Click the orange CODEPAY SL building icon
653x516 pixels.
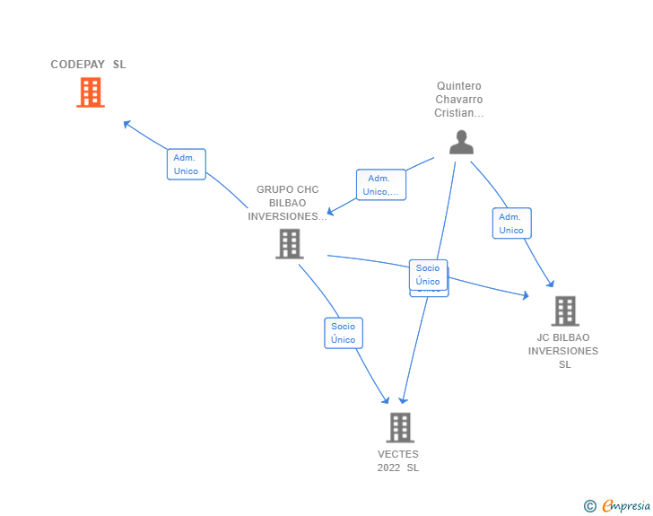pyautogui.click(x=91, y=92)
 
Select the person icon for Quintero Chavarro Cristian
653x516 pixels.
pyautogui.click(x=461, y=143)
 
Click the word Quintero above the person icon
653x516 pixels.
pyautogui.click(x=459, y=86)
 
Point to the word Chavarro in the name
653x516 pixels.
pyautogui.click(x=459, y=100)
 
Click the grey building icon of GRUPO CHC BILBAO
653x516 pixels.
pyautogui.click(x=289, y=243)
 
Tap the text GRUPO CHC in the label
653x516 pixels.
pyautogui.click(x=287, y=189)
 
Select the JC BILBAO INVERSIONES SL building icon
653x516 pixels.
pyautogui.click(x=565, y=310)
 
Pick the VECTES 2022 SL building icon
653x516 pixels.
pyautogui.click(x=400, y=427)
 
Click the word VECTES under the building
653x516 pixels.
pyautogui.click(x=398, y=454)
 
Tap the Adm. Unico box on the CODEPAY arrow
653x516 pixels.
pyautogui.click(x=187, y=164)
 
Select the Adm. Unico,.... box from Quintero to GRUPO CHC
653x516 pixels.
pyautogui.click(x=380, y=185)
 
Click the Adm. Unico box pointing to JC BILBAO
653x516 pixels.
pyautogui.click(x=511, y=223)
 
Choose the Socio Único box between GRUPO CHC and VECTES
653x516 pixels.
pyautogui.click(x=343, y=333)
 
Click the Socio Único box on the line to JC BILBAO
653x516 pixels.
pyautogui.click(x=428, y=275)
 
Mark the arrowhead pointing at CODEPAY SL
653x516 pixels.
pyautogui.click(x=126, y=124)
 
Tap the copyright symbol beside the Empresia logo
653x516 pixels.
pyautogui.click(x=589, y=506)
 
